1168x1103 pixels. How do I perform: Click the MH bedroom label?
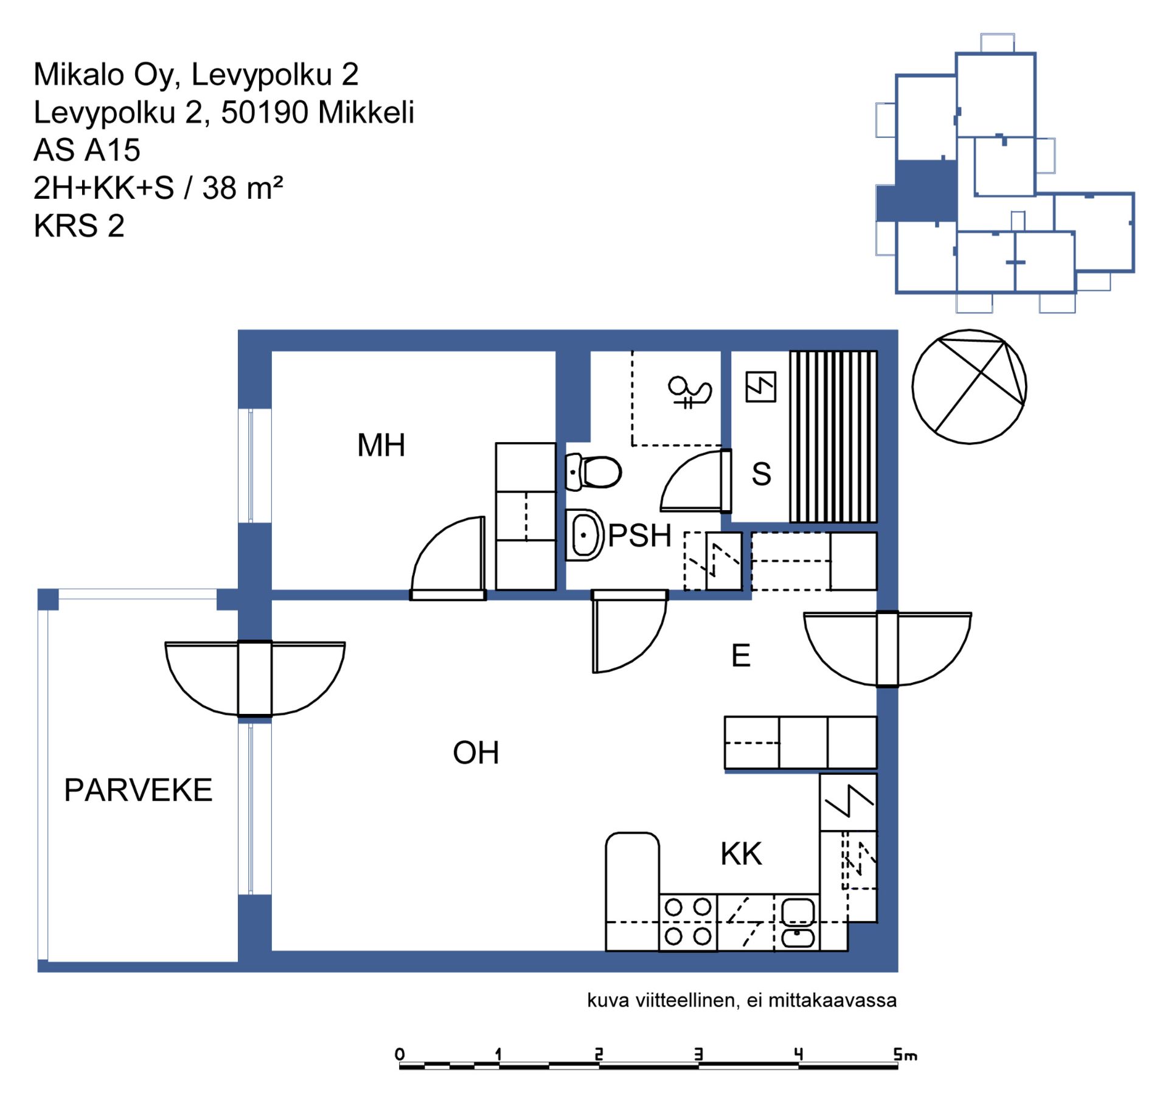click(x=381, y=446)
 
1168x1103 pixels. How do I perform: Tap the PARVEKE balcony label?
click(x=138, y=790)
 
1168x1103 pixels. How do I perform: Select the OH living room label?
click(x=476, y=753)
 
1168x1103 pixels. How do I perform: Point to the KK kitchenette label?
click(x=741, y=854)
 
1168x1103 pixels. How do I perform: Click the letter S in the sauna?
click(x=762, y=474)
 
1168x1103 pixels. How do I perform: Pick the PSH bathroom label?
click(x=640, y=536)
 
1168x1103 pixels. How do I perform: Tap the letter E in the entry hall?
click(x=740, y=655)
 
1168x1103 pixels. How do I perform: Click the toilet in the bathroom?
click(x=593, y=472)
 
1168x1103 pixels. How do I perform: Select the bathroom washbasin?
click(x=584, y=535)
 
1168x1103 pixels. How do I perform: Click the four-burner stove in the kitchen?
click(x=688, y=922)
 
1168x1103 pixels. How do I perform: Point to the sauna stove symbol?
click(x=760, y=387)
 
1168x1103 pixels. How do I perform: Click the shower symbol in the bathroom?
click(x=690, y=392)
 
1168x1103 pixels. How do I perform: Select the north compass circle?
click(x=969, y=387)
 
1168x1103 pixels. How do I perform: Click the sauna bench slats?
click(x=833, y=437)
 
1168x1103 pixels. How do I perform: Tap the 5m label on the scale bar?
click(x=905, y=1055)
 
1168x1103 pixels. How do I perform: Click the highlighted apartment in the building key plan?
click(x=918, y=192)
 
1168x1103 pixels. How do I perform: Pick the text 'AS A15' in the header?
click(x=87, y=150)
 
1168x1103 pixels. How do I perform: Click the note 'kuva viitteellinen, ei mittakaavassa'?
click(x=742, y=1000)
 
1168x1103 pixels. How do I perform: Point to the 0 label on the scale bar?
click(x=400, y=1054)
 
